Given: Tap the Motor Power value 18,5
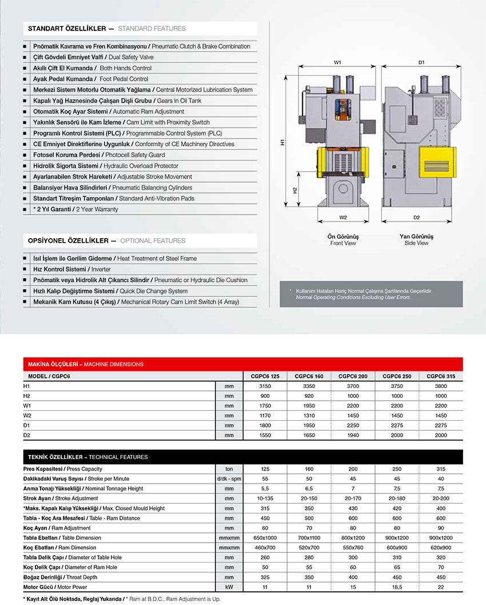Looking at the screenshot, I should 397,587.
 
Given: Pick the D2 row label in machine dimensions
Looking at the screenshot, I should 26,436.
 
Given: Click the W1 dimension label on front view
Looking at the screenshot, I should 337,62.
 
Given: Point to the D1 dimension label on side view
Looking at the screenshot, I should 421,62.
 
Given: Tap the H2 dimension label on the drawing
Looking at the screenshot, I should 294,191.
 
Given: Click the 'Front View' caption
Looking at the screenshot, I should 342,243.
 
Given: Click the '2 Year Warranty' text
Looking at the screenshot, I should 97,209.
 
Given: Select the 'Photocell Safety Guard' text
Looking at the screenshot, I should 136,155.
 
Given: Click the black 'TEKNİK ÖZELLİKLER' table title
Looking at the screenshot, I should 55,457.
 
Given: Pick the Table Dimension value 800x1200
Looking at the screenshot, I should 353,537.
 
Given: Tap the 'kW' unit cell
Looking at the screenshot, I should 229,587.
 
